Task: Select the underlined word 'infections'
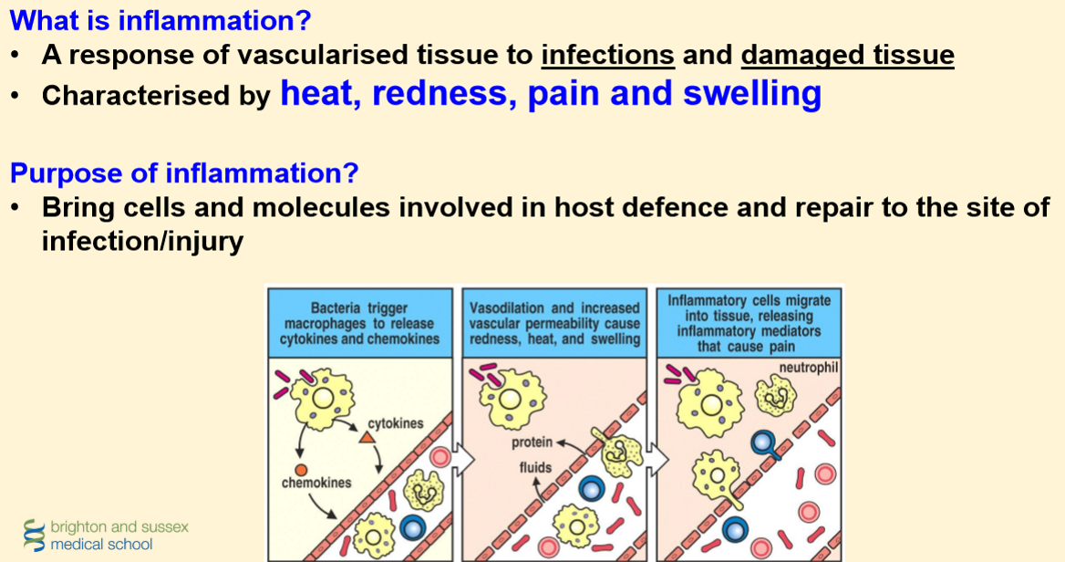[x=607, y=56]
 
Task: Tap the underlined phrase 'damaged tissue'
[x=847, y=56]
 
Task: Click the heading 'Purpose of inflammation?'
[x=183, y=172]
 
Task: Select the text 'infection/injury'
[x=142, y=243]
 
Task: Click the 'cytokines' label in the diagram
[x=396, y=423]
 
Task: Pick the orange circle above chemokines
[x=301, y=469]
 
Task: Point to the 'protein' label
[x=532, y=442]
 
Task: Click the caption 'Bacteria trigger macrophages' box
[x=360, y=324]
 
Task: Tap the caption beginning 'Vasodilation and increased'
[x=554, y=324]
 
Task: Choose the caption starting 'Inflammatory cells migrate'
[x=749, y=323]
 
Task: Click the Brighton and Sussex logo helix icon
[x=35, y=536]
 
